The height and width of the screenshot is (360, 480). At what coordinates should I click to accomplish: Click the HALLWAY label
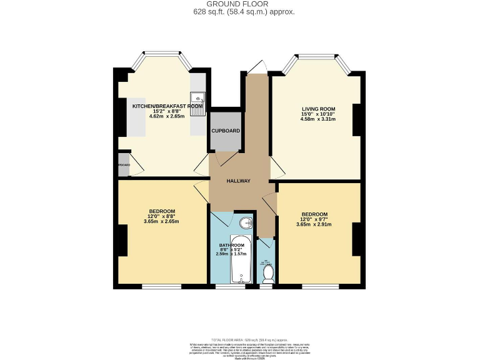[x=239, y=181]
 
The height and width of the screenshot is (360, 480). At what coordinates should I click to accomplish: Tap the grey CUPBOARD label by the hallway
[x=225, y=131]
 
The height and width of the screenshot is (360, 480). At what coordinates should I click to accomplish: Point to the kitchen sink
[x=198, y=97]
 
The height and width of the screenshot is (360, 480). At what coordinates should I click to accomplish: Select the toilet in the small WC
[x=267, y=273]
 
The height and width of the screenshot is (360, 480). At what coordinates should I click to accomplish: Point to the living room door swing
[x=276, y=168]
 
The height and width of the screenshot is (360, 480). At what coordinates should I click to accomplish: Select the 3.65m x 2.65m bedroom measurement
[x=162, y=221]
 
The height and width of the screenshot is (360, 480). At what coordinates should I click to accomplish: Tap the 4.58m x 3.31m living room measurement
[x=318, y=119]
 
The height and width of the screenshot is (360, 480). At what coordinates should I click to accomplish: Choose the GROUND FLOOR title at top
[x=240, y=4]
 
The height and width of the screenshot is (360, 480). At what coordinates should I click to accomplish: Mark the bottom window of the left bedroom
[x=161, y=286]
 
